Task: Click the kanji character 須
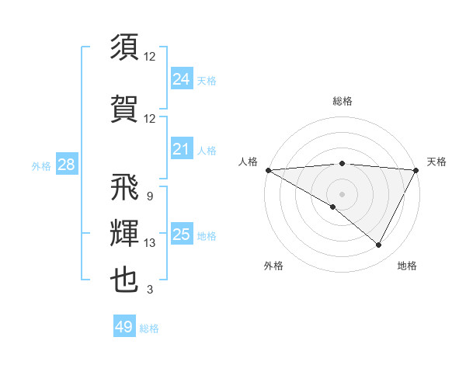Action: [124, 48]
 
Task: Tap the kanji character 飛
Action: [124, 187]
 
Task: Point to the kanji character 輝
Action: [124, 234]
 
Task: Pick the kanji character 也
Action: [124, 280]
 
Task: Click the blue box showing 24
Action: [181, 79]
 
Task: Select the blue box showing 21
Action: [181, 149]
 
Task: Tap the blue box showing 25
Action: [181, 235]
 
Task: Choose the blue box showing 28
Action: [66, 165]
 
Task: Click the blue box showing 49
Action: [124, 327]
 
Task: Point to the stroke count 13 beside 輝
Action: [150, 243]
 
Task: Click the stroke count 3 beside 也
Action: [150, 290]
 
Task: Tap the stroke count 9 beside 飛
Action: [150, 196]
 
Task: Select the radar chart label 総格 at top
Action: [342, 102]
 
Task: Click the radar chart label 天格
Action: [436, 162]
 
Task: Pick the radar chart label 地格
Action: [407, 266]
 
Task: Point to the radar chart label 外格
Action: [273, 266]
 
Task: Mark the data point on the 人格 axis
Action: [268, 169]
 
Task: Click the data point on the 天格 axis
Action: [416, 169]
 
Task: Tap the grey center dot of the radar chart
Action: [342, 193]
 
